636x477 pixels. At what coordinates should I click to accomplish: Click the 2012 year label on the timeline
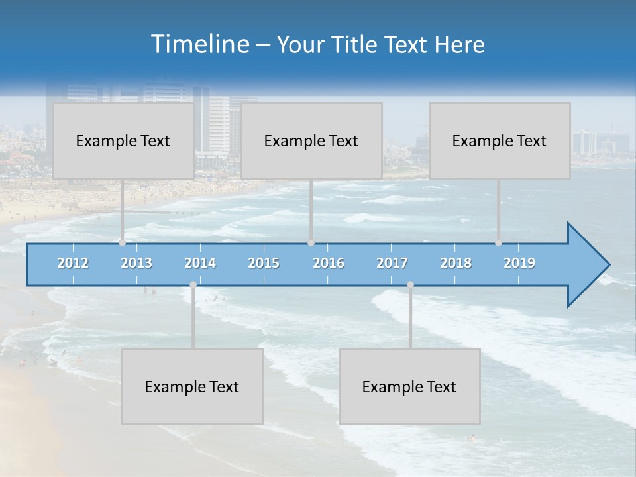(73, 263)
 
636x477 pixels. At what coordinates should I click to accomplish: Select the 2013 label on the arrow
(136, 263)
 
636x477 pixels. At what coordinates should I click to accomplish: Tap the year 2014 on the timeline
(200, 263)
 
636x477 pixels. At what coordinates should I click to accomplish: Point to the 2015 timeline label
(264, 263)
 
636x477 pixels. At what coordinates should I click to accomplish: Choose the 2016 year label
(329, 263)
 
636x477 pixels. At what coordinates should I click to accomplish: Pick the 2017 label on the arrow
(392, 263)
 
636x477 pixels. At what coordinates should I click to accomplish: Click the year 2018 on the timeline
(456, 263)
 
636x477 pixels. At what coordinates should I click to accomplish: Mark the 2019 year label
(519, 263)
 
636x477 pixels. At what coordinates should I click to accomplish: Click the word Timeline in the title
(199, 44)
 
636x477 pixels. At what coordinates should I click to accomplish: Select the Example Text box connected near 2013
(123, 140)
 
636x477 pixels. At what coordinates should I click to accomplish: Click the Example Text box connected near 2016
(311, 140)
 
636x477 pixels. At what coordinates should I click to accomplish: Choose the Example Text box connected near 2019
(500, 140)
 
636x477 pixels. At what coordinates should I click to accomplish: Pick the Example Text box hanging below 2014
(192, 386)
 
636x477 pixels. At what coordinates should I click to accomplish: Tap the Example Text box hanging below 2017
(409, 386)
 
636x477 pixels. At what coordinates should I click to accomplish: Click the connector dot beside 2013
(122, 242)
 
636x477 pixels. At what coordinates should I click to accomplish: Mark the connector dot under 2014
(193, 284)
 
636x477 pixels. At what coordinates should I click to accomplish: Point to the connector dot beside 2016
(311, 242)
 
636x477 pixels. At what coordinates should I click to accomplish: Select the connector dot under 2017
(410, 284)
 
